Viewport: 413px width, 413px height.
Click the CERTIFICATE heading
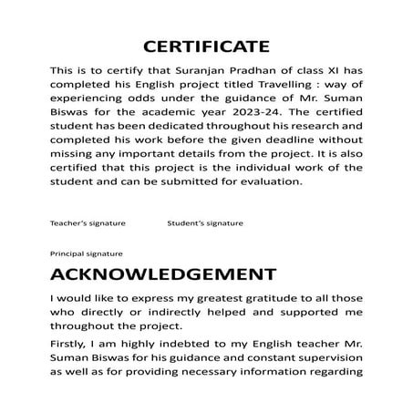207,46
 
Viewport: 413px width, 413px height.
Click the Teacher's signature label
88,222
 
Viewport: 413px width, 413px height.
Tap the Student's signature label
205,222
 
